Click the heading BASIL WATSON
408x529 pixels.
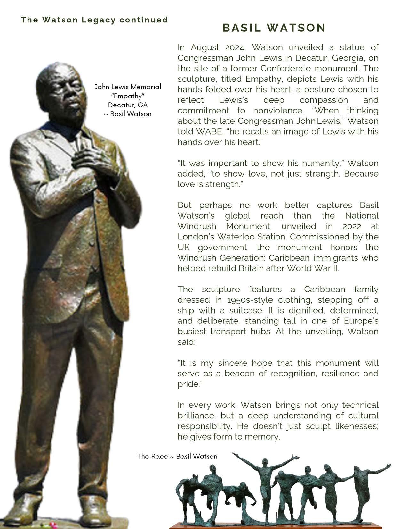(274, 28)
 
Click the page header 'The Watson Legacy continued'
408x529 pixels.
(94, 20)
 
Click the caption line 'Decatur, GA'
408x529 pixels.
(128, 105)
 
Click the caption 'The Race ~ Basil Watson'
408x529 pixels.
(177, 456)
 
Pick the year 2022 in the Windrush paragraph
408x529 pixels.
(352, 226)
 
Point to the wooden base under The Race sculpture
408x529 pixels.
(282, 526)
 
